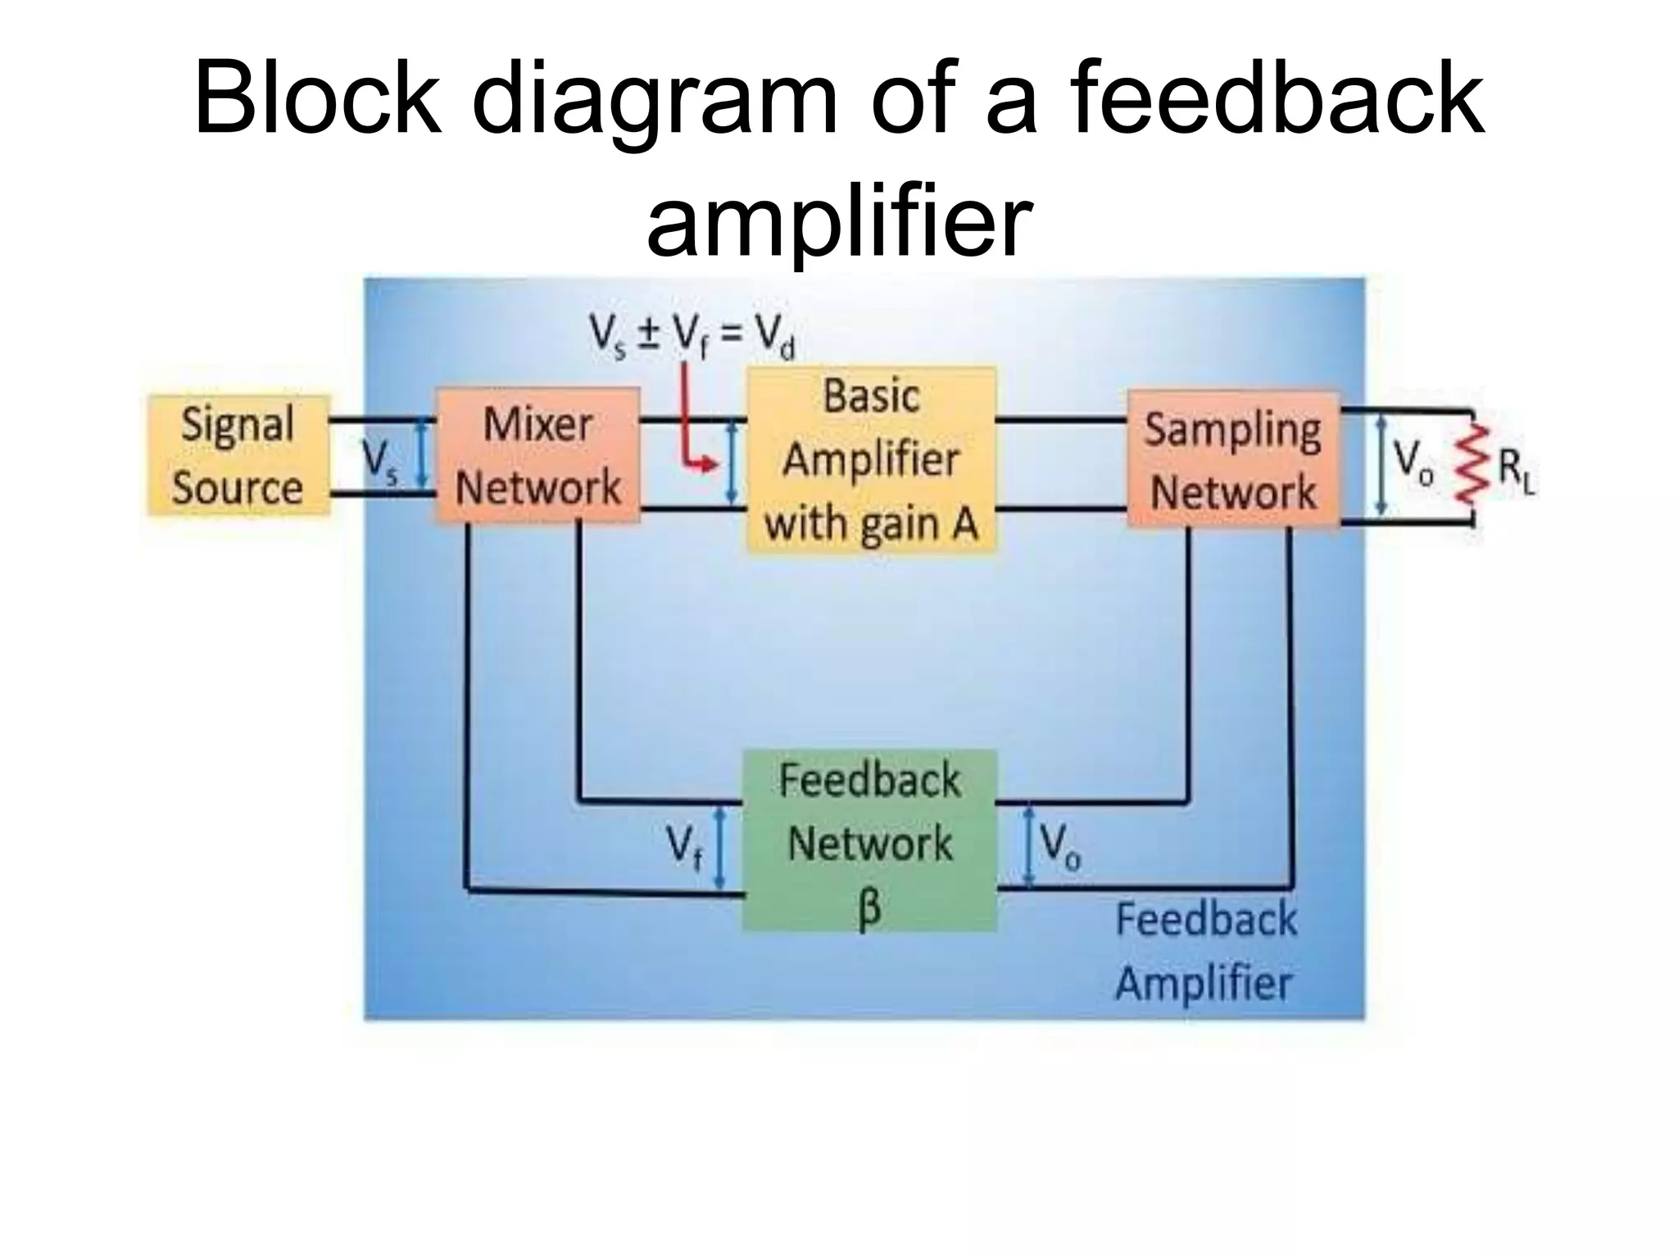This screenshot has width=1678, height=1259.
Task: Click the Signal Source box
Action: click(238, 456)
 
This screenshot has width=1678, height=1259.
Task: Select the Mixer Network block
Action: click(537, 456)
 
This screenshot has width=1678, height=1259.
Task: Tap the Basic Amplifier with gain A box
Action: click(871, 460)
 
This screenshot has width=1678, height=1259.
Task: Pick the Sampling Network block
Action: click(1233, 460)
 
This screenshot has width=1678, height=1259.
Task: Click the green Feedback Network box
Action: click(869, 841)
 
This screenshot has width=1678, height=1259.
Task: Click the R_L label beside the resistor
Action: click(1517, 474)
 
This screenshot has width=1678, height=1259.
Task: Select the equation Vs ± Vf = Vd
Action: click(692, 337)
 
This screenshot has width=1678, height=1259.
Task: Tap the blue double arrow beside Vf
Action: click(719, 847)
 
